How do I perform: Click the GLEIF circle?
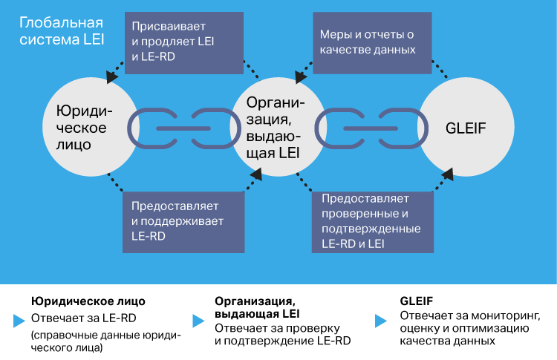[x=466, y=127]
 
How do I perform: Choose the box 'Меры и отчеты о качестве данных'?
[x=373, y=42]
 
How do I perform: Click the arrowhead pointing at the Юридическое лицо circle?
[x=112, y=76]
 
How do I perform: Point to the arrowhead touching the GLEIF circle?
[x=449, y=174]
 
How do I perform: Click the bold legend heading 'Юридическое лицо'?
[x=88, y=301]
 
